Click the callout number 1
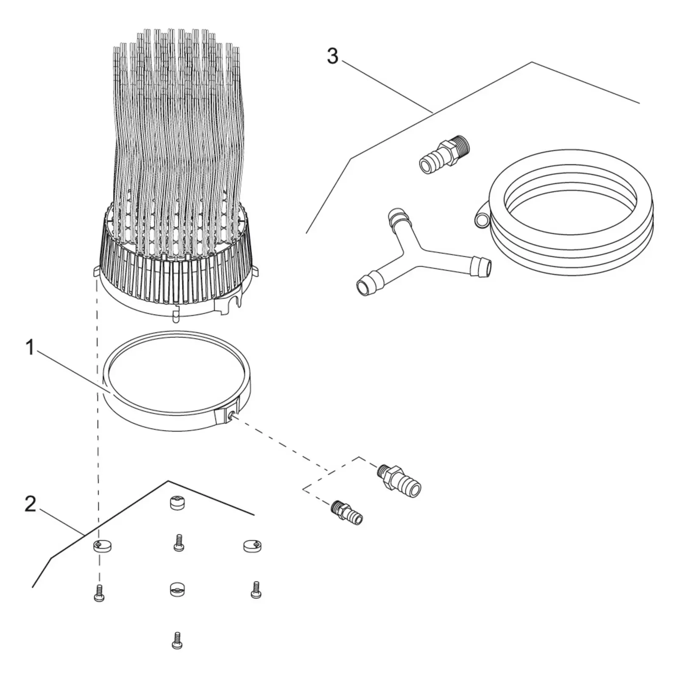30,348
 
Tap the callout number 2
30,504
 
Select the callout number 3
333,56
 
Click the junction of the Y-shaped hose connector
418,249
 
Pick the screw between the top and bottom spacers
179,543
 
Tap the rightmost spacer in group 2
252,545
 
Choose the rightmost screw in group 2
255,590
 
